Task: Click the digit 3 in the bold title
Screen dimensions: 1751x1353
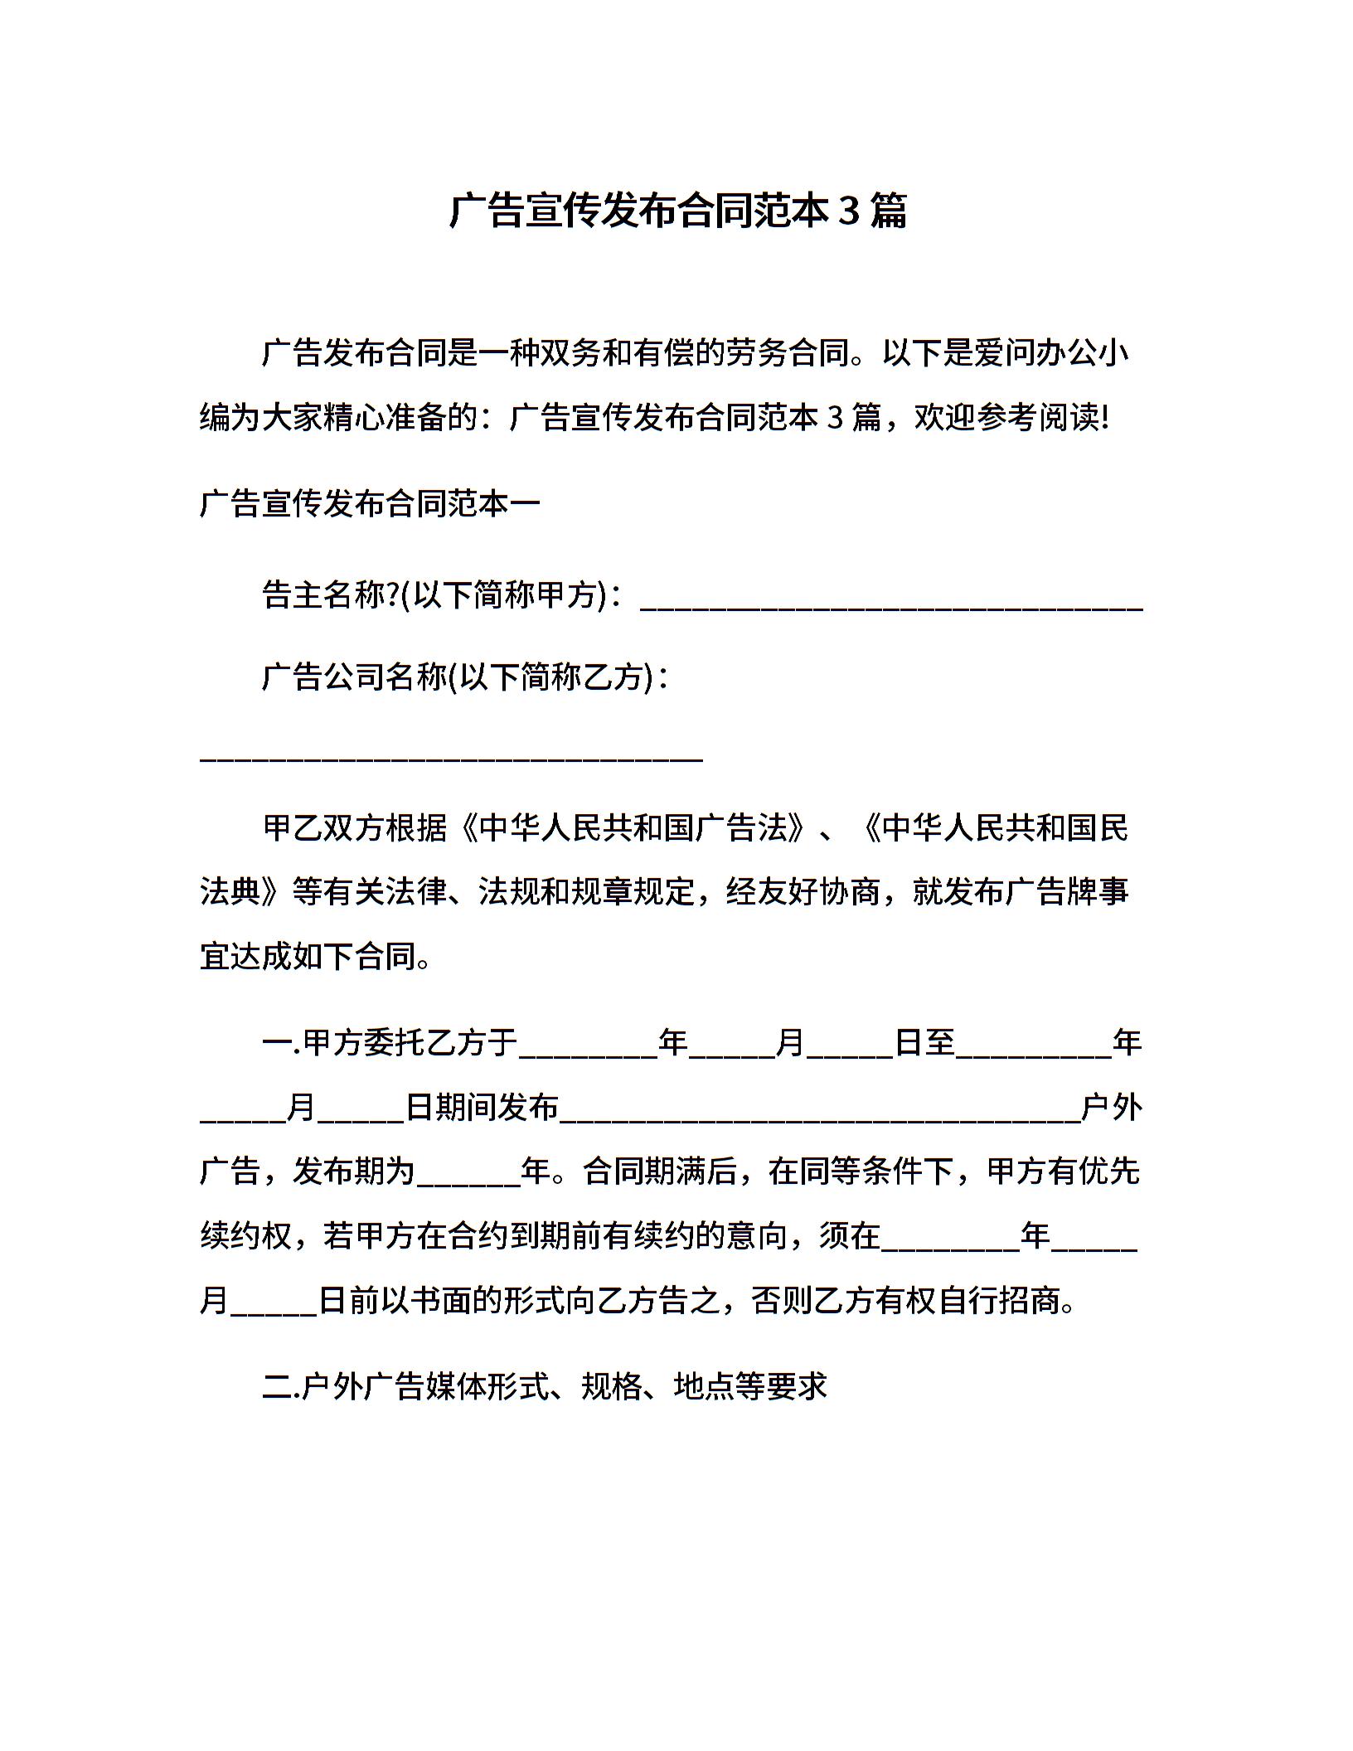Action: pos(848,211)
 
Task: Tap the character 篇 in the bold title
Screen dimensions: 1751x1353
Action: pos(888,211)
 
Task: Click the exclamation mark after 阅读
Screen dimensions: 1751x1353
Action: pos(1104,418)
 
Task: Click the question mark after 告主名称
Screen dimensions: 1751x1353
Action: pos(393,594)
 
